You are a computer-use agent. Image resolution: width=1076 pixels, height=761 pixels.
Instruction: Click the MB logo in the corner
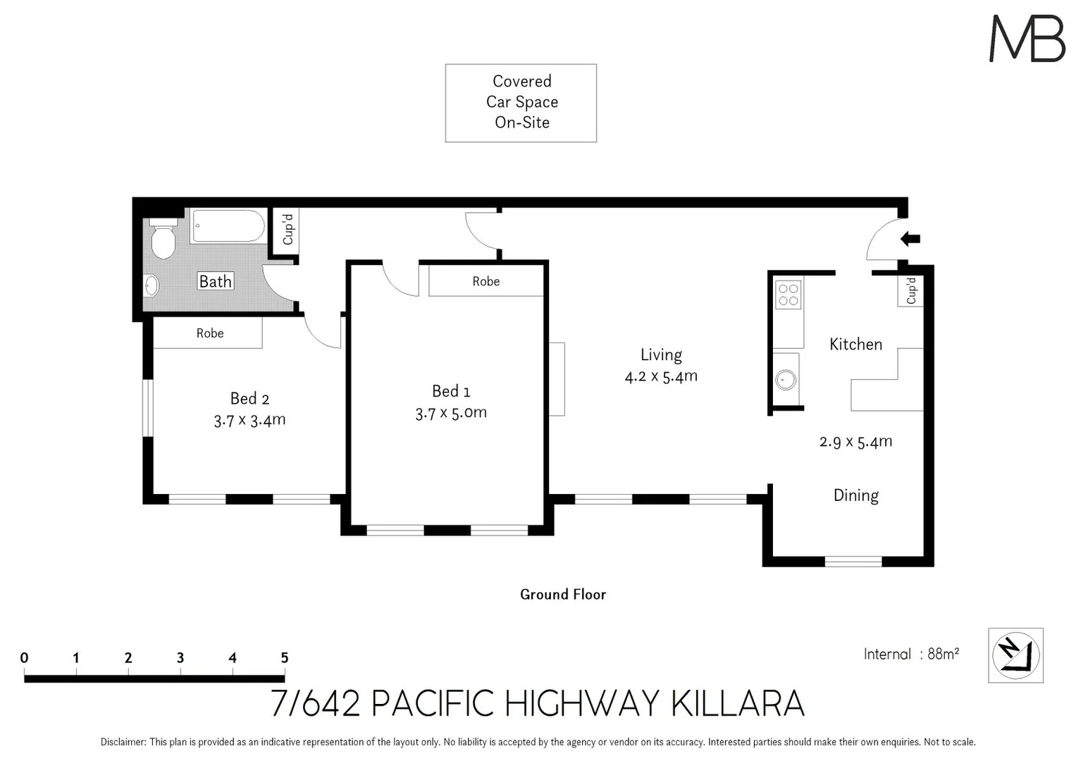1027,39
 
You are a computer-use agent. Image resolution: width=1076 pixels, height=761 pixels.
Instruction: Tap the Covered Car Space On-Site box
521,103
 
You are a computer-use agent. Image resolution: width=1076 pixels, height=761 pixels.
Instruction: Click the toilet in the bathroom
163,240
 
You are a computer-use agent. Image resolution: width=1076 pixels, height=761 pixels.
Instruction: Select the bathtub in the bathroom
228,226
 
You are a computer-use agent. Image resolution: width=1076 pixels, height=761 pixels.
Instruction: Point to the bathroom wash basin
151,285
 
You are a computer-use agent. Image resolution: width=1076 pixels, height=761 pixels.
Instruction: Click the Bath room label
215,282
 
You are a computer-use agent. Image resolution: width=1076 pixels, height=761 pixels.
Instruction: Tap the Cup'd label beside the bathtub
287,230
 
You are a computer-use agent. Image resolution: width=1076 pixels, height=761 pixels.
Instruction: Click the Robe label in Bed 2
209,333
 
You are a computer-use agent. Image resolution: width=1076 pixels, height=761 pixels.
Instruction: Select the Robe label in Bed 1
486,281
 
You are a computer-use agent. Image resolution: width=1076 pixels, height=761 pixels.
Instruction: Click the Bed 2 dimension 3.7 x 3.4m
249,421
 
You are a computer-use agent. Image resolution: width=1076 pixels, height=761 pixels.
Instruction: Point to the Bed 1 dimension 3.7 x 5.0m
451,413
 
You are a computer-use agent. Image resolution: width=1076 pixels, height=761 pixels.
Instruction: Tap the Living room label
661,355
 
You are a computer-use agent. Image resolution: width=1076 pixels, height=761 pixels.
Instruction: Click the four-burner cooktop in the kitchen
788,295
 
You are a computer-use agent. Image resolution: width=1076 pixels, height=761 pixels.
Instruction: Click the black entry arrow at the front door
910,239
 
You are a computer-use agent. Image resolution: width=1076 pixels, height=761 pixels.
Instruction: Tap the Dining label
855,495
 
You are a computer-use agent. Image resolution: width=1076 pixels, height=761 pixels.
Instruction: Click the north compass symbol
1015,655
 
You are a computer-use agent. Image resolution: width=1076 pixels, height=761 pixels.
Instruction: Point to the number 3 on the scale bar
180,657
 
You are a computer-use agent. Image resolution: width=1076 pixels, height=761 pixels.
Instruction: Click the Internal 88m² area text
911,654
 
